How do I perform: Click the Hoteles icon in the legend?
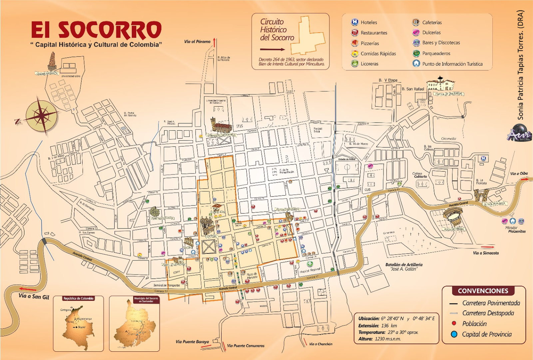tap(355, 22)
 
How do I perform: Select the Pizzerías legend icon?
tap(355, 43)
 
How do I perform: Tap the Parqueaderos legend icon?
tap(416, 53)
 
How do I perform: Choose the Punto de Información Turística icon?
tap(416, 63)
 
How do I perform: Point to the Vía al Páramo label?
tap(197, 42)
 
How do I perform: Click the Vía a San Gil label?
tap(34, 296)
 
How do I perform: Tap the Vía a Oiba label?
tap(519, 174)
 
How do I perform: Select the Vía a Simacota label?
tap(486, 253)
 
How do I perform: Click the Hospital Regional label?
tap(310, 271)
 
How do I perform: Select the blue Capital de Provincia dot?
tap(454, 334)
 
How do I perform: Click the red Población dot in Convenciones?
tap(454, 323)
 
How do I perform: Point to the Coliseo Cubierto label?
tap(419, 175)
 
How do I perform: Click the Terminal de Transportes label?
tap(167, 285)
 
